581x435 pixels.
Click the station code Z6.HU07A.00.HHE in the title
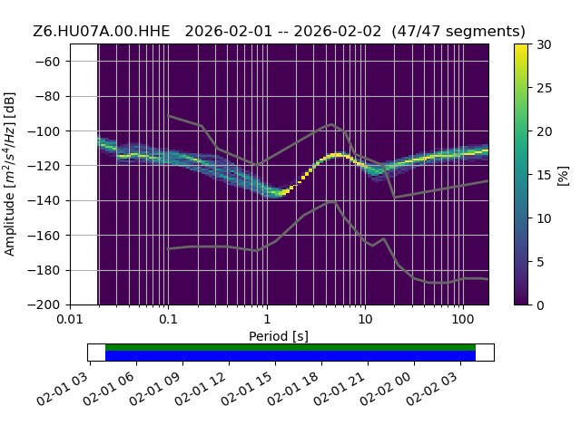(101, 32)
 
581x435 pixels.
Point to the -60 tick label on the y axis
(47, 62)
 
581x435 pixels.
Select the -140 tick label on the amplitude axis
(44, 201)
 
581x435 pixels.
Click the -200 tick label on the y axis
(44, 305)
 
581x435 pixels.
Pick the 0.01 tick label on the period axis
(70, 319)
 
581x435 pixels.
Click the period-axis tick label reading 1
(267, 319)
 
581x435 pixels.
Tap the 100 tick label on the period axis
(463, 319)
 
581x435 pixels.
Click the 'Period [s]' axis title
(279, 336)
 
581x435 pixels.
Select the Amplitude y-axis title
(10, 174)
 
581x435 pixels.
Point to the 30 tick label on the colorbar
(545, 44)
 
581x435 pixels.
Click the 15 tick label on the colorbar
(545, 175)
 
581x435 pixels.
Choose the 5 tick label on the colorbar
(540, 262)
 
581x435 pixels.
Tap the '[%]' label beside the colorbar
(563, 176)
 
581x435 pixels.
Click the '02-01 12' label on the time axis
(201, 389)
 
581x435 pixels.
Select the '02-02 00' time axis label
(386, 389)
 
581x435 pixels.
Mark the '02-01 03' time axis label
(63, 389)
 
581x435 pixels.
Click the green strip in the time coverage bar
(290, 347)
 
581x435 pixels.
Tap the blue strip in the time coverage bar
(290, 355)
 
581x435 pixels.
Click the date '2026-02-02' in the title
(337, 32)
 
